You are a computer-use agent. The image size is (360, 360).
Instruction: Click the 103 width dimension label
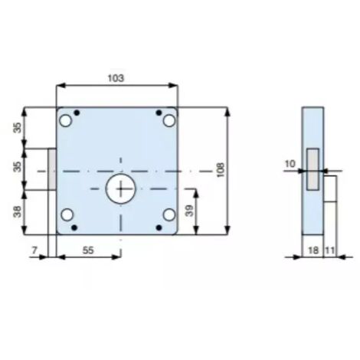tap(116, 78)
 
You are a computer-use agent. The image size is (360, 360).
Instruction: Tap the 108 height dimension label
tap(220, 170)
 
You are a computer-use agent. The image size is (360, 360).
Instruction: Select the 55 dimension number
tap(88, 250)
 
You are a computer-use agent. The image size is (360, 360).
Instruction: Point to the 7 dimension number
tap(34, 250)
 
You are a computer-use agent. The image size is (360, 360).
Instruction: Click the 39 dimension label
tap(189, 211)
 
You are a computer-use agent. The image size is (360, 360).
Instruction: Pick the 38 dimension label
tap(18, 211)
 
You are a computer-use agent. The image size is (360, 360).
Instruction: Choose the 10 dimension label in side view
tap(290, 164)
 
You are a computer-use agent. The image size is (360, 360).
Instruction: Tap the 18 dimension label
tap(313, 250)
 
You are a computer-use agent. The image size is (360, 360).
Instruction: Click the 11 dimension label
tap(330, 250)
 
